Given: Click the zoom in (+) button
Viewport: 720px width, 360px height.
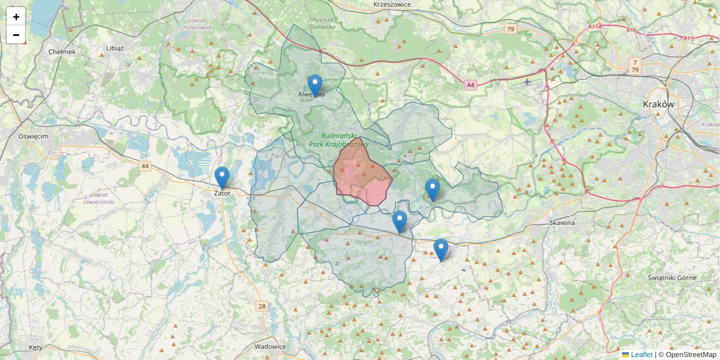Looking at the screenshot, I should tap(16, 17).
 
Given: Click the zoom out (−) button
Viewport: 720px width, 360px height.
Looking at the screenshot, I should tap(16, 35).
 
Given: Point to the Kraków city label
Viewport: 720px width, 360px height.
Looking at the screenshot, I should tap(658, 104).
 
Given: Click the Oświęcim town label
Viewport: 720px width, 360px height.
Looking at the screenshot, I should tap(33, 136).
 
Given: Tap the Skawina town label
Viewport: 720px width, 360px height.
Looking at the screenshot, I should tap(562, 223).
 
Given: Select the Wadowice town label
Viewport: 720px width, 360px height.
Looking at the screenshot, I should tap(270, 347).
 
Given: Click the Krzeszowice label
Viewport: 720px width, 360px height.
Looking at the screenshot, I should tap(391, 4).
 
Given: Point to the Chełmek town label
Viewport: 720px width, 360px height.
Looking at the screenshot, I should tap(62, 52).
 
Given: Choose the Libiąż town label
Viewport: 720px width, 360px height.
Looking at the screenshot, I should tap(114, 48).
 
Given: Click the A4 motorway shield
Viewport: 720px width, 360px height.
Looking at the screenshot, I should tap(470, 86).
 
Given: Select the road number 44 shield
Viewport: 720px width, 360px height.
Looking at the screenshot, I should tap(145, 166).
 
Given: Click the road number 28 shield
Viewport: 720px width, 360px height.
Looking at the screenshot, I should tap(262, 307).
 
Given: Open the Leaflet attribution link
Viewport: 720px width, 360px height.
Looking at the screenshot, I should tap(641, 355).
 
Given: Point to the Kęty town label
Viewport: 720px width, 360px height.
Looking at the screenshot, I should tap(36, 348).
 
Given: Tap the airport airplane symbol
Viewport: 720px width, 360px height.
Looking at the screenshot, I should tap(527, 82).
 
